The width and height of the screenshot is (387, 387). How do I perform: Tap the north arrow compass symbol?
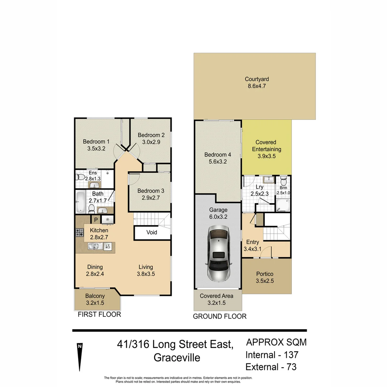pyautogui.click(x=80, y=357)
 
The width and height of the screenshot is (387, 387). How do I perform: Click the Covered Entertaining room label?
pyautogui.click(x=266, y=149)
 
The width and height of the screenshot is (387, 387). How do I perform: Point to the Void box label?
pyautogui.click(x=152, y=232)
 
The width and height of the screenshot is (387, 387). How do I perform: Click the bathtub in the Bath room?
pyautogui.click(x=80, y=202)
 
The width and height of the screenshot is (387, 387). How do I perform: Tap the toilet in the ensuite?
pyautogui.click(x=80, y=177)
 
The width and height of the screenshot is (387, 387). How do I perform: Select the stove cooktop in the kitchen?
pyautogui.click(x=80, y=232)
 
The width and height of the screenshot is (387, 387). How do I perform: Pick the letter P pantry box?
pyautogui.click(x=96, y=220)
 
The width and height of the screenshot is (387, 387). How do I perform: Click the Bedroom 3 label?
pyautogui.click(x=151, y=193)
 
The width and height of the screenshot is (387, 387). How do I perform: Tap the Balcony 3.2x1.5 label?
pyautogui.click(x=95, y=299)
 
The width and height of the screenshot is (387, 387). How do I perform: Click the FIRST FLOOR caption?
pyautogui.click(x=99, y=315)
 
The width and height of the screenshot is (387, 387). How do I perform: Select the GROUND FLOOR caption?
pyautogui.click(x=220, y=316)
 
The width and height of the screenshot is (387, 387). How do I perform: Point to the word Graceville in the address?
pyautogui.click(x=177, y=358)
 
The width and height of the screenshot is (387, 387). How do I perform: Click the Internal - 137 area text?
pyautogui.click(x=272, y=355)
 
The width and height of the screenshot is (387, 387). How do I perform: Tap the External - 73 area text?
pyautogui.click(x=271, y=367)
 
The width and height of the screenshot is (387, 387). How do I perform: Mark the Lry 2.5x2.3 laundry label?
pyautogui.click(x=259, y=190)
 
